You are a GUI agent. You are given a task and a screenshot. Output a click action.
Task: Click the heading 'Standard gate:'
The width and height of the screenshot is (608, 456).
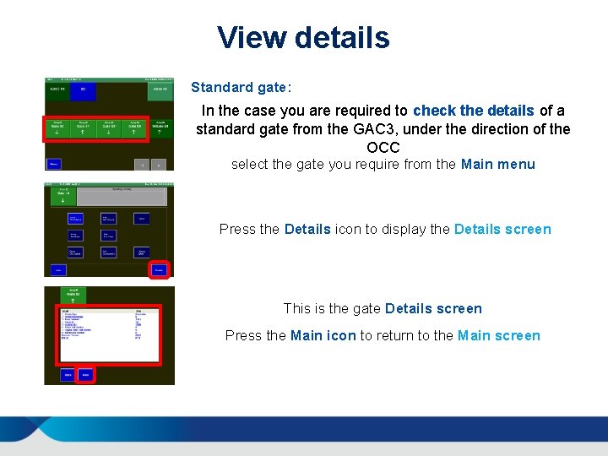pyautogui.click(x=241, y=87)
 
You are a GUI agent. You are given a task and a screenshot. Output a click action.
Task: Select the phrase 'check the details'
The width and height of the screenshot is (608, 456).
pyautogui.click(x=473, y=111)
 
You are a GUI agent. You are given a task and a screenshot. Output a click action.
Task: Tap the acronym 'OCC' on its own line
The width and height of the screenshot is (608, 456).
pyautogui.click(x=383, y=148)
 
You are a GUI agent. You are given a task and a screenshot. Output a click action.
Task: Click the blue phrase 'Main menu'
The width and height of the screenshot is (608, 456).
pyautogui.click(x=497, y=164)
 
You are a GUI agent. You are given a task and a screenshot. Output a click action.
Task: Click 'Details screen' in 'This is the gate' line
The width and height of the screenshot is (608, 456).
pyautogui.click(x=433, y=308)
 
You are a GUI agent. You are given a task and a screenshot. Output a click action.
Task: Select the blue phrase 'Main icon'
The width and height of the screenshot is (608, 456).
pyautogui.click(x=323, y=335)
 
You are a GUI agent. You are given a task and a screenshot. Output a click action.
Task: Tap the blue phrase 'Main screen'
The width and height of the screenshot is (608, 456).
pyautogui.click(x=498, y=335)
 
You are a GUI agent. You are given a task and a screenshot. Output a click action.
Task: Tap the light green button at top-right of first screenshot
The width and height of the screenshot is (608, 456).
pyautogui.click(x=160, y=90)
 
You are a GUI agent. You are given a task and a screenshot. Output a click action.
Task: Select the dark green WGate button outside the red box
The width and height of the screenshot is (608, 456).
pyautogui.click(x=160, y=128)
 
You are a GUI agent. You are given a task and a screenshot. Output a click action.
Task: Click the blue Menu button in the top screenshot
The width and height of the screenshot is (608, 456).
pyautogui.click(x=54, y=163)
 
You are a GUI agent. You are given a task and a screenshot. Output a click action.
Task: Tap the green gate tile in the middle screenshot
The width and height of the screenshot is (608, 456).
pyautogui.click(x=61, y=197)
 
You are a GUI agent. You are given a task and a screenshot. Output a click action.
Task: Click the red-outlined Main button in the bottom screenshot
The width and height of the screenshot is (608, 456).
pyautogui.click(x=85, y=374)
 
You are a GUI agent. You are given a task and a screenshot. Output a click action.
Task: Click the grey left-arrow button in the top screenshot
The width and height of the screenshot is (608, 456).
pyautogui.click(x=143, y=164)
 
